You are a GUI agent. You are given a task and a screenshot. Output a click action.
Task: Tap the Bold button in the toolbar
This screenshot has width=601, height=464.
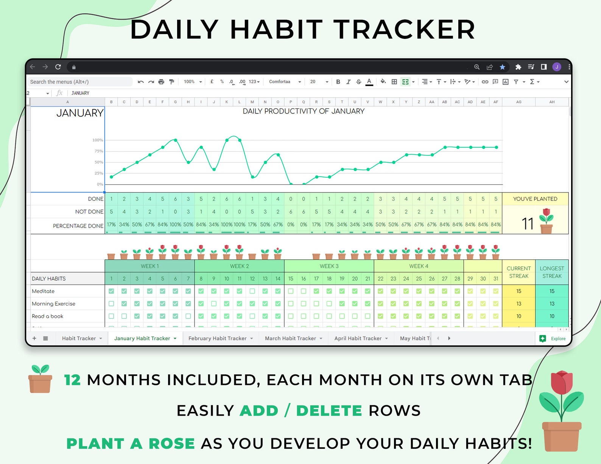[x=338, y=82]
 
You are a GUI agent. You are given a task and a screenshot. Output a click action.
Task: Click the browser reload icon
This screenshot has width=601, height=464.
[x=58, y=67]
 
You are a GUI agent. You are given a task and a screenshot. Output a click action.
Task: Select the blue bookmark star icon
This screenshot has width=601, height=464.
[x=502, y=67]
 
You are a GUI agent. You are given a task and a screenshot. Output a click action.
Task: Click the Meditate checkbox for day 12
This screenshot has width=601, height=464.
[x=252, y=291]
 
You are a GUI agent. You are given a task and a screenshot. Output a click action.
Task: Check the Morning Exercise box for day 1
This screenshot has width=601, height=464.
[x=111, y=304]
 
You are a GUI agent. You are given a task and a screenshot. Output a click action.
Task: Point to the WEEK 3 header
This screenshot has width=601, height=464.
[x=329, y=266]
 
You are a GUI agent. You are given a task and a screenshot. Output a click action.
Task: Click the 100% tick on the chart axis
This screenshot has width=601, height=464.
[x=98, y=140]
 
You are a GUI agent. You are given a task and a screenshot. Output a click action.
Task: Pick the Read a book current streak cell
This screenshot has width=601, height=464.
[x=518, y=316]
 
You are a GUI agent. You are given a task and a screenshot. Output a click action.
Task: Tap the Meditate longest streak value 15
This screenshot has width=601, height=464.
[x=552, y=291]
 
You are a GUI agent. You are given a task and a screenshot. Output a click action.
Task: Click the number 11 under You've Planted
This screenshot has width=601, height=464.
[x=528, y=223]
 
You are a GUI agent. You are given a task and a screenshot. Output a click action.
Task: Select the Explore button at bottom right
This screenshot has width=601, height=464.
[x=552, y=338]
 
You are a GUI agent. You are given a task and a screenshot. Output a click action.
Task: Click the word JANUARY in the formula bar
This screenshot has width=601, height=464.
[x=80, y=93]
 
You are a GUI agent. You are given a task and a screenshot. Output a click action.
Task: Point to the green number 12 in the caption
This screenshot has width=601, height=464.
[x=72, y=380]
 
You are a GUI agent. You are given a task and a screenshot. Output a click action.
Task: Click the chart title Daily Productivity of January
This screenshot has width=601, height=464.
[x=304, y=111]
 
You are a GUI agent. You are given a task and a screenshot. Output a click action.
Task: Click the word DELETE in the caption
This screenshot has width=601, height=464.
[x=329, y=410]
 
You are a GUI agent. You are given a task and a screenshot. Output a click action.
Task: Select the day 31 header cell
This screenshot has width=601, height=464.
[x=496, y=279]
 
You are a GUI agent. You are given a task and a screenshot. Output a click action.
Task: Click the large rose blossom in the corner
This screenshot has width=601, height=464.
[x=561, y=383]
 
